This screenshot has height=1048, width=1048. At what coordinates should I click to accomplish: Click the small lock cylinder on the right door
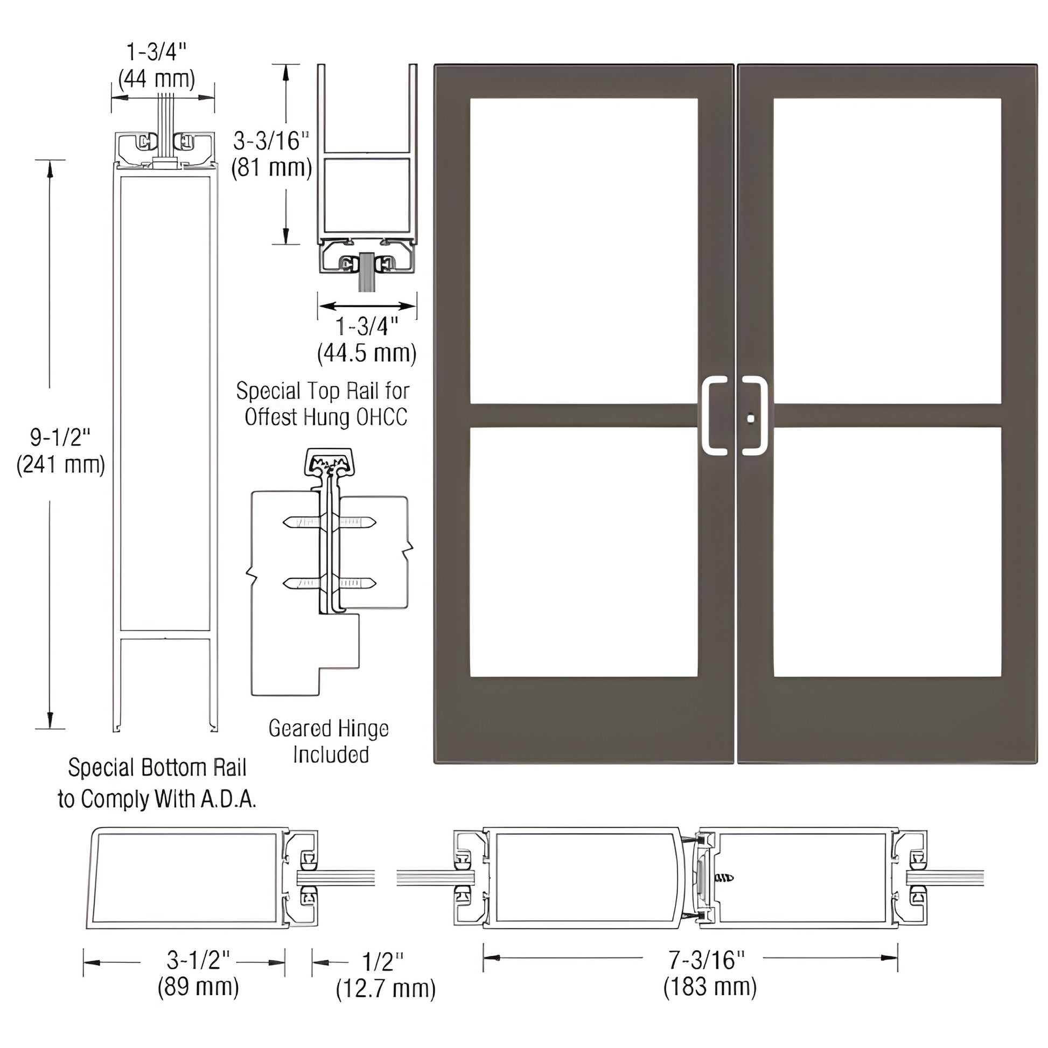(750, 419)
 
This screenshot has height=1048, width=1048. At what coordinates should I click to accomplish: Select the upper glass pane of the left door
(584, 250)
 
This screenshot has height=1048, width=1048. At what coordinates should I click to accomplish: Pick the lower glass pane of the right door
(887, 552)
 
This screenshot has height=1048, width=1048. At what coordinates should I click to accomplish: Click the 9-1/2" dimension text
(60, 437)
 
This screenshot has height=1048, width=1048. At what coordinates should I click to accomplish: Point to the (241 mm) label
(61, 465)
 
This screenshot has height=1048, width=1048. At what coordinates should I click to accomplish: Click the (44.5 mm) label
(367, 354)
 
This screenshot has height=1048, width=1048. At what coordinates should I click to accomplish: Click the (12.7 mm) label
(386, 989)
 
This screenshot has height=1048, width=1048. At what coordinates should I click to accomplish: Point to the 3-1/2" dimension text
(199, 960)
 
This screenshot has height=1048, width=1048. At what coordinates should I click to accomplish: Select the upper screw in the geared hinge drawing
(329, 522)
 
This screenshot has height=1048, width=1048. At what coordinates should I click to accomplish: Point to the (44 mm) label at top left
(157, 79)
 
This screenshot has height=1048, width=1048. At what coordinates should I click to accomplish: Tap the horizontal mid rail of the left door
(584, 416)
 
